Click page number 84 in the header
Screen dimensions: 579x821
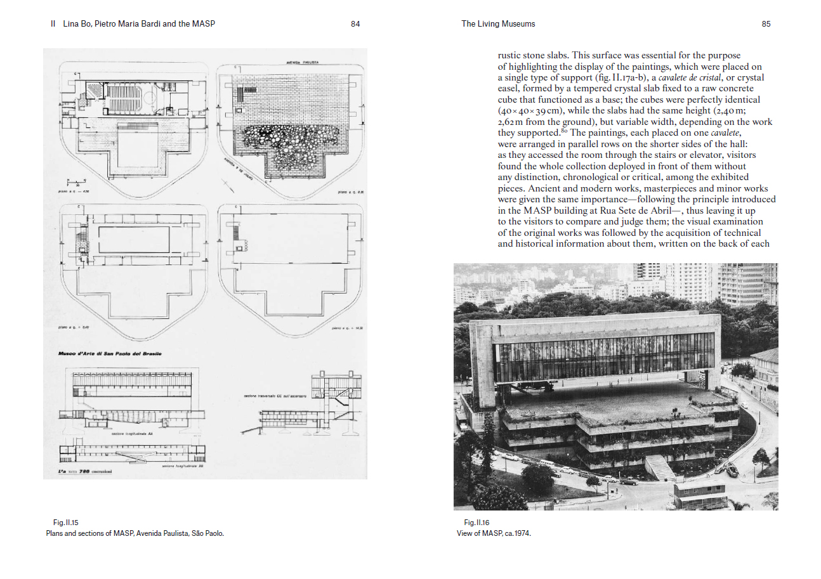click(x=355, y=24)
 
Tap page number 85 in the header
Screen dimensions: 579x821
click(x=766, y=24)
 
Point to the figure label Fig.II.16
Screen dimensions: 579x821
click(x=476, y=523)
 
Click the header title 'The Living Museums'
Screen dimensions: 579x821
click(x=498, y=24)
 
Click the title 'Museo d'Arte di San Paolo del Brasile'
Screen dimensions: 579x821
click(x=110, y=353)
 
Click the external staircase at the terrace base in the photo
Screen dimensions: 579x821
click(x=660, y=468)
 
